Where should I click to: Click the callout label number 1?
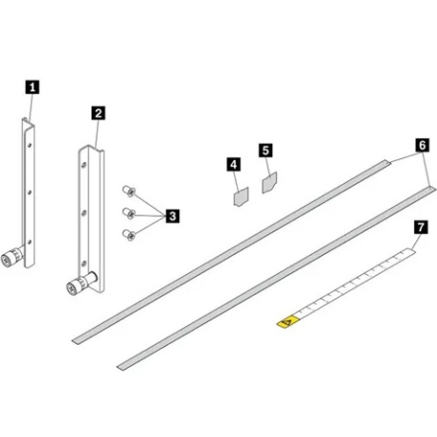click(33, 86)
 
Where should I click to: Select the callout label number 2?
click(98, 112)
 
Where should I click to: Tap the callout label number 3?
click(172, 216)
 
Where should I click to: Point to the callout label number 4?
click(233, 164)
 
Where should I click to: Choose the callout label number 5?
click(265, 151)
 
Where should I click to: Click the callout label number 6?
click(421, 145)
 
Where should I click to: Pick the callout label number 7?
click(420, 228)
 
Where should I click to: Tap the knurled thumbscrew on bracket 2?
click(72, 286)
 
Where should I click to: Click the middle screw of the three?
click(127, 211)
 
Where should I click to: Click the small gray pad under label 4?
click(239, 197)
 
